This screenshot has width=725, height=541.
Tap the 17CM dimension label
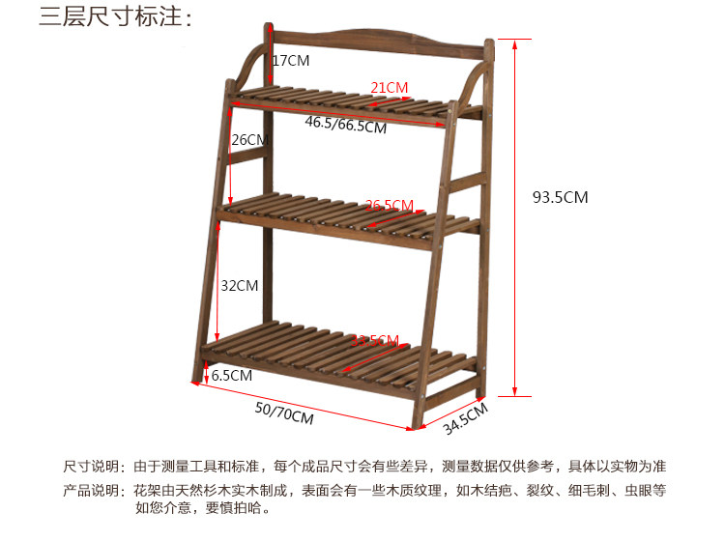click(x=291, y=60)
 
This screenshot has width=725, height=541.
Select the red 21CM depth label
click(x=390, y=88)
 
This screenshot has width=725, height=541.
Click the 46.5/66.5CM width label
click(x=346, y=126)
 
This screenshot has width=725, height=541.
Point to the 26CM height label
click(x=248, y=139)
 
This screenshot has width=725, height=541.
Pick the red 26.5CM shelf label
click(x=390, y=205)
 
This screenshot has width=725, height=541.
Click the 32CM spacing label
click(x=239, y=285)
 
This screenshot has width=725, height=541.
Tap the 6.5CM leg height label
click(x=232, y=375)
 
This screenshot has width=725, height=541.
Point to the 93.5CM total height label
click(x=560, y=197)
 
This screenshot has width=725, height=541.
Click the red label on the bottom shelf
click(x=374, y=340)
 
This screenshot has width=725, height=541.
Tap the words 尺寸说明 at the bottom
click(x=93, y=466)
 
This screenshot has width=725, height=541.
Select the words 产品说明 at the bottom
click(x=93, y=490)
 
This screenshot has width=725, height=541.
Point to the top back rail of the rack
click(x=377, y=42)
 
